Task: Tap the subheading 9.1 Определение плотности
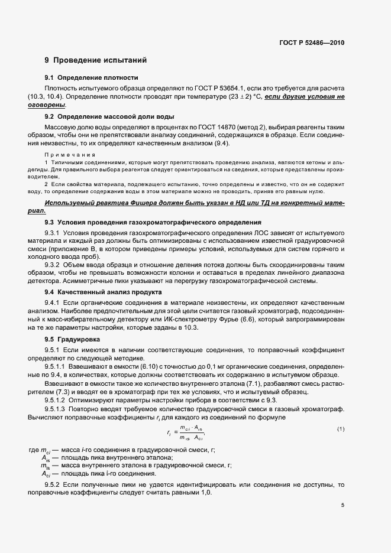click(91, 78)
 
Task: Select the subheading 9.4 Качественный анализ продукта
click(104, 292)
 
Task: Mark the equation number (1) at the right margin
click(340, 428)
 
